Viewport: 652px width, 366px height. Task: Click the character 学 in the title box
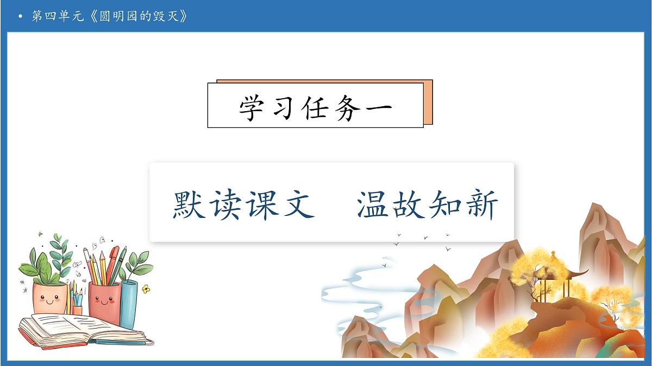(x=255, y=106)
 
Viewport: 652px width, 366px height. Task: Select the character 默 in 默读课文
(x=190, y=205)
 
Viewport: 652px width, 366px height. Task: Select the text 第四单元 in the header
(x=57, y=16)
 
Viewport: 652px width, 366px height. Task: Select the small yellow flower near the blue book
(x=146, y=290)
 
